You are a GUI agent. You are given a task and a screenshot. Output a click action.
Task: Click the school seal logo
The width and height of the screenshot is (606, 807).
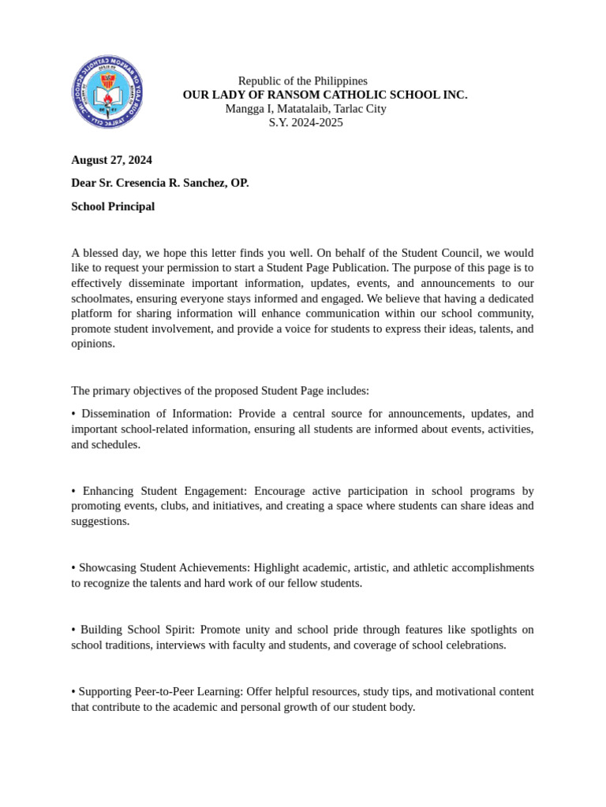tap(108, 91)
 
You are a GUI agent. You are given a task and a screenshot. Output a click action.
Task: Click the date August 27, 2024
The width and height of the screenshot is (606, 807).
tap(111, 160)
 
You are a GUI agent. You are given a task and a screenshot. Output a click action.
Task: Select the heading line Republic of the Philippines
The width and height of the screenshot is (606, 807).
tap(302, 81)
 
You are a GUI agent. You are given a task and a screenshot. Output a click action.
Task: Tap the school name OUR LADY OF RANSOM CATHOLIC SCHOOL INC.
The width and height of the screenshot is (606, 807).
tap(324, 95)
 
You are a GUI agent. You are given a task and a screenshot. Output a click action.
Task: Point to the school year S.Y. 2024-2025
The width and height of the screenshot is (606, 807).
tap(305, 122)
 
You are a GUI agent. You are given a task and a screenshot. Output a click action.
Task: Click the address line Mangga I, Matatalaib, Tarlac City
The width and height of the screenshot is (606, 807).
tap(305, 109)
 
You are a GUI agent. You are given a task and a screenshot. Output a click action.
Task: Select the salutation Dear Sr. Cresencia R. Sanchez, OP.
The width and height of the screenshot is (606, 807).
tap(159, 183)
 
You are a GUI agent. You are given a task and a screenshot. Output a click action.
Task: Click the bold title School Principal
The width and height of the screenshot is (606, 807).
tap(113, 206)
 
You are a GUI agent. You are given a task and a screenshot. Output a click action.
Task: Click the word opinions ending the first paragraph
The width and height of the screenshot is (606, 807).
tap(93, 344)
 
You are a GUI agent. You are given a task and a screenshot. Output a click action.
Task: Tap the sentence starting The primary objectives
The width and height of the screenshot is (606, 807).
tap(219, 391)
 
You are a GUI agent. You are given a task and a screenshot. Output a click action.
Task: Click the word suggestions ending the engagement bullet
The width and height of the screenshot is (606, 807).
tap(100, 521)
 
